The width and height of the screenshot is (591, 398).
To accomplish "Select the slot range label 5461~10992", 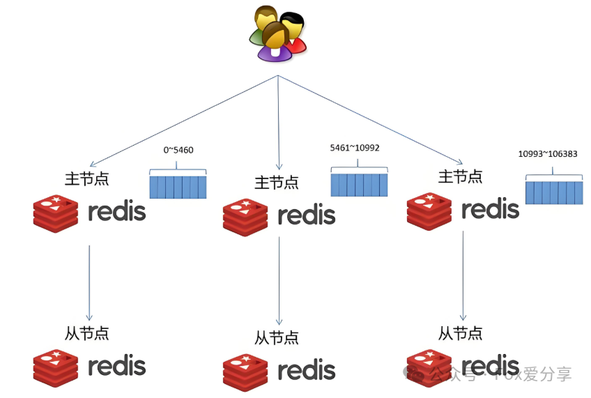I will click(x=355, y=148).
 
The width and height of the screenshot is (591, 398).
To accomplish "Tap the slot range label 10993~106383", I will click(x=547, y=153).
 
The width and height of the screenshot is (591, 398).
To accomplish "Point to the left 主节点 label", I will click(x=86, y=178).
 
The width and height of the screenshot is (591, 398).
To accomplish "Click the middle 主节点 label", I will click(x=277, y=183).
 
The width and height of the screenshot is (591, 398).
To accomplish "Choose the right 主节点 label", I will click(x=460, y=176).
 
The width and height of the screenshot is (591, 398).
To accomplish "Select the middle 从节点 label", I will click(x=277, y=337).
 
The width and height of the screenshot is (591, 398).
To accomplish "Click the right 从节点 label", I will click(x=460, y=333).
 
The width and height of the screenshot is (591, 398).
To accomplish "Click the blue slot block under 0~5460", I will click(x=178, y=187).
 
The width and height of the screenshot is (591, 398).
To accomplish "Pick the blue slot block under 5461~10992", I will click(x=359, y=185).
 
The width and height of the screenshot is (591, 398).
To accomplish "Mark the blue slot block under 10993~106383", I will click(x=553, y=192).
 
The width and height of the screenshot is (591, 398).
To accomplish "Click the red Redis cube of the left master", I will click(x=56, y=213).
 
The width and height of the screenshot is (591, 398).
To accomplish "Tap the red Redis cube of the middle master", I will click(x=246, y=217).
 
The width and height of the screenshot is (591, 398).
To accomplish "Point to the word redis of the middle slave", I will click(x=307, y=371).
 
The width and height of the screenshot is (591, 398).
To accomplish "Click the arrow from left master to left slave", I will click(x=89, y=282).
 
